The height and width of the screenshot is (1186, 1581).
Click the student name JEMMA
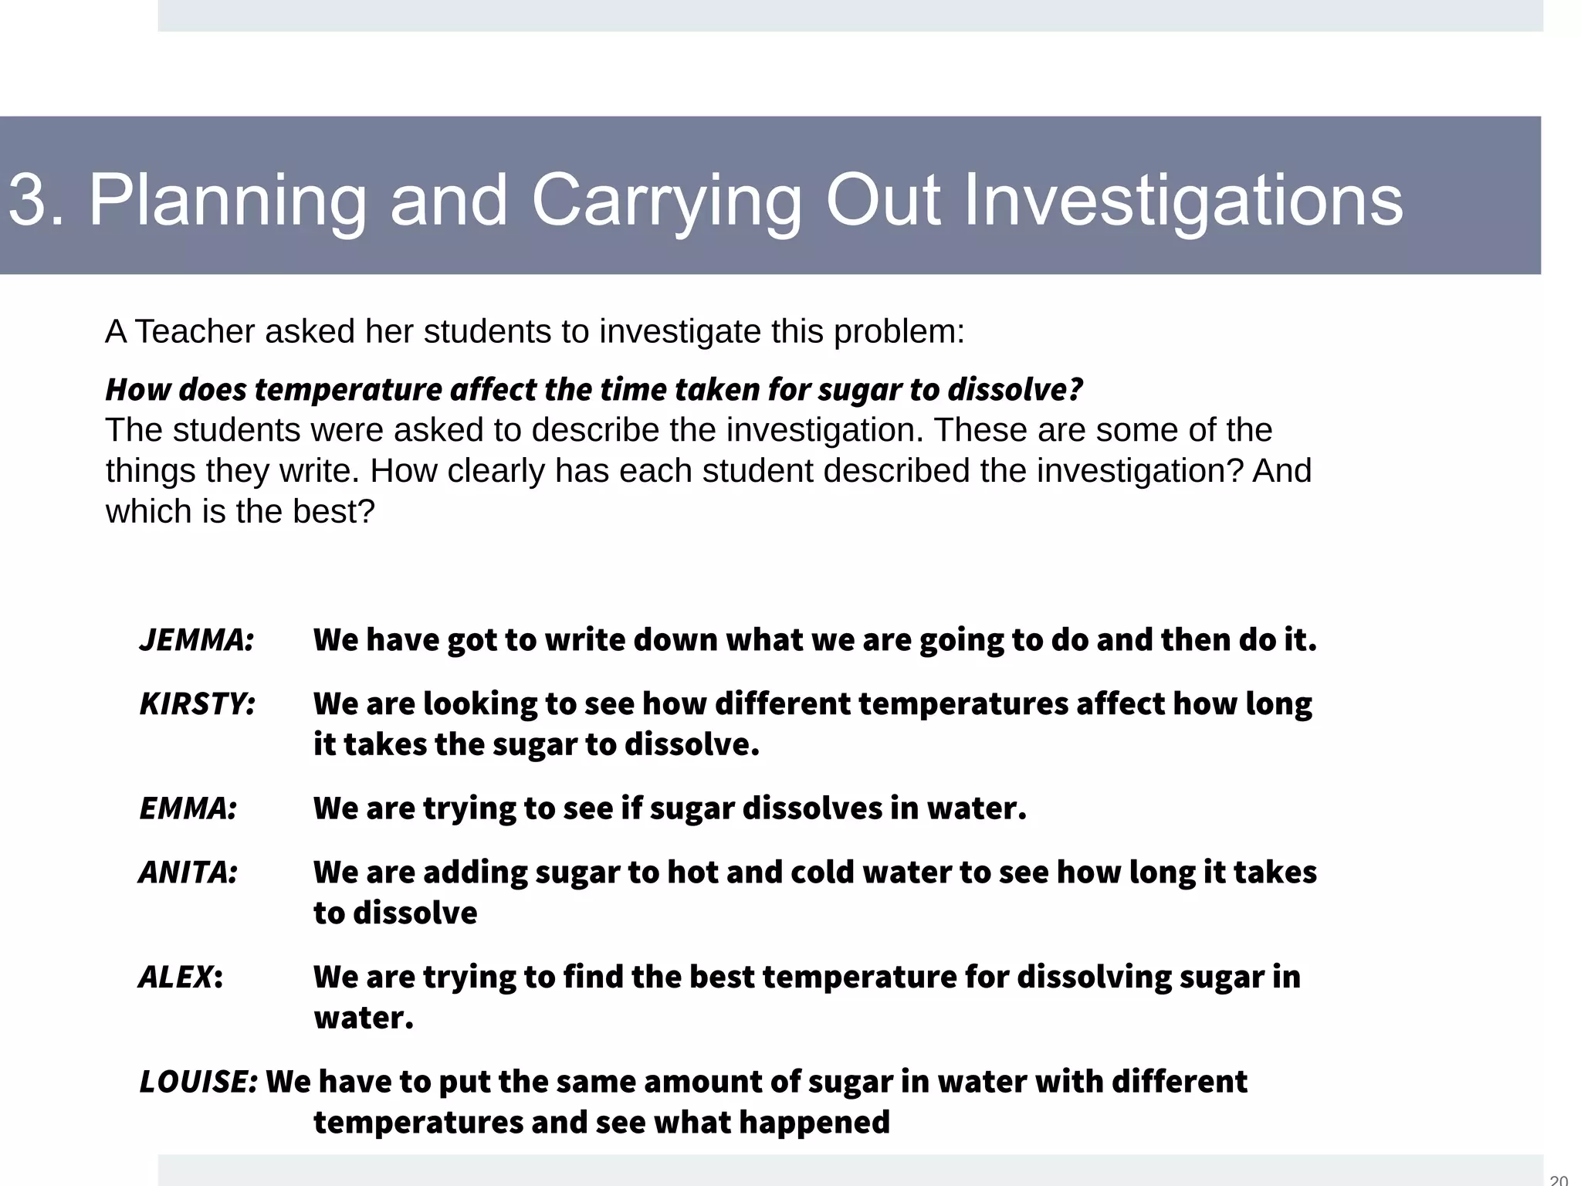[197, 640]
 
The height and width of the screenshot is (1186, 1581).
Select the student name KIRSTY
[198, 704]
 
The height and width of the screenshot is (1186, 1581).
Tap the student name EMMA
[188, 808]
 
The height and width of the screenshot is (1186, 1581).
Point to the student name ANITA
[188, 873]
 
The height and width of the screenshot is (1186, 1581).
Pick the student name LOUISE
[198, 1082]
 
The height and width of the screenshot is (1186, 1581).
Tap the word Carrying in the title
[667, 201]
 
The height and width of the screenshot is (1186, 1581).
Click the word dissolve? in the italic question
[1015, 389]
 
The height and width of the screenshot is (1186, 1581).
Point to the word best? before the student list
[333, 512]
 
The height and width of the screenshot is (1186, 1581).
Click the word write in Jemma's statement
[584, 640]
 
